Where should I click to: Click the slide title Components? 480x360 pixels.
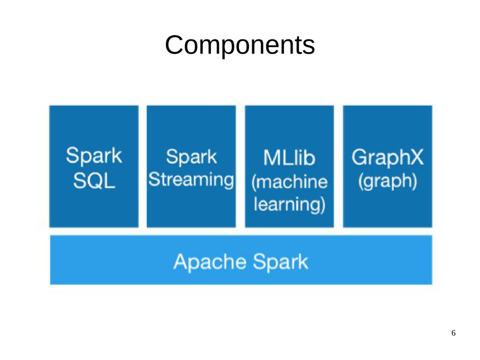(240, 45)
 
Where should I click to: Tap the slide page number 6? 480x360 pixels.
(453, 333)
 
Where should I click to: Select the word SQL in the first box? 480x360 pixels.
(94, 181)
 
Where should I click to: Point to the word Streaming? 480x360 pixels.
(191, 180)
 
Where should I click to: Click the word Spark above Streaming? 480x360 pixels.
(191, 157)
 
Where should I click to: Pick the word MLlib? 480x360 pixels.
(289, 158)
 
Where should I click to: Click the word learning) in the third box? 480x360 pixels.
(289, 204)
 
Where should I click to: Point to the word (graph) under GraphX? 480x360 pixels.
(388, 181)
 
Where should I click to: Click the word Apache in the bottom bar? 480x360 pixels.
(210, 262)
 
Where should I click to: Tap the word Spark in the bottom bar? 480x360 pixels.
(280, 262)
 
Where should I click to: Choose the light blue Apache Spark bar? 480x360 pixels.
(241, 260)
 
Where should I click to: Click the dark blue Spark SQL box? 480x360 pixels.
(94, 166)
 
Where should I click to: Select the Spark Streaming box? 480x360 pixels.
(191, 166)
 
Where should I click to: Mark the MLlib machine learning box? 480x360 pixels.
(289, 166)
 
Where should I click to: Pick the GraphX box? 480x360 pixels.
(388, 166)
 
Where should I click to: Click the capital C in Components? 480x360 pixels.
(175, 45)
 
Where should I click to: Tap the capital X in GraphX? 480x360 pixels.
(416, 157)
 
